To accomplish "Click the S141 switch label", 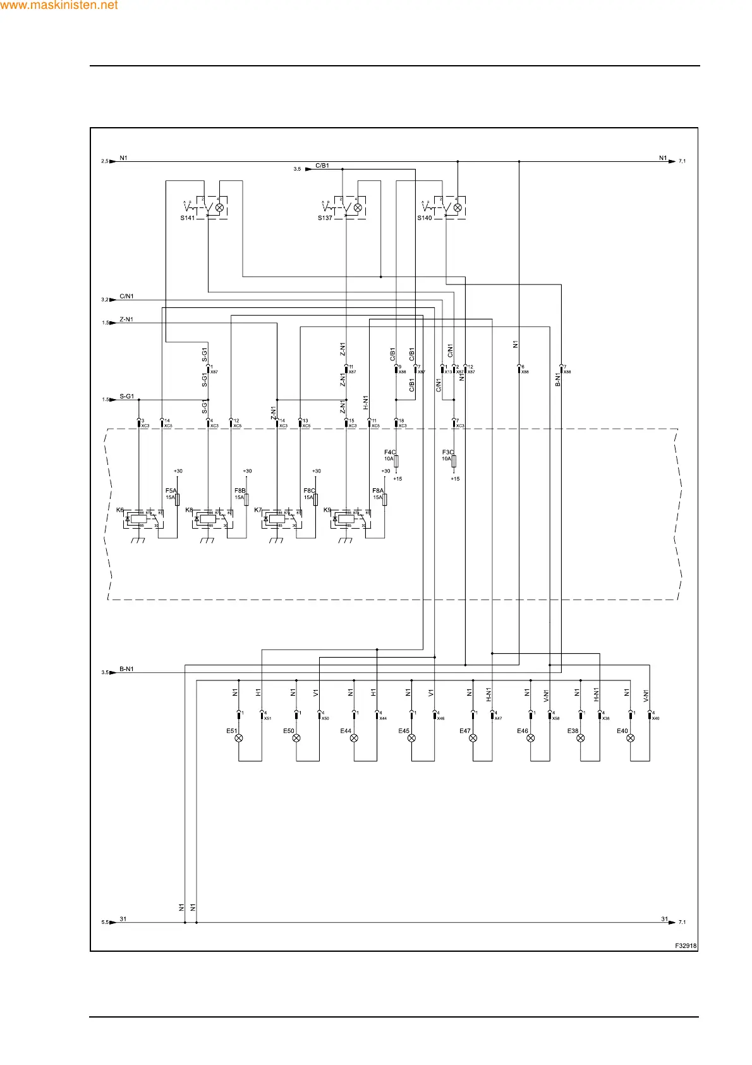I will point(188,218).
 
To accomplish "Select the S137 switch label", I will point(325,218).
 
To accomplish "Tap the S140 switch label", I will point(425,218).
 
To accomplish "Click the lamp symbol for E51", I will point(238,738).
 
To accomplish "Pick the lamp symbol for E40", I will point(631,738).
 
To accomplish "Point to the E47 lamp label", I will point(465,731).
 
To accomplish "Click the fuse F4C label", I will point(390,452).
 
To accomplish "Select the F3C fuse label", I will point(447,452).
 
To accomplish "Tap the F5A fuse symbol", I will point(178,500).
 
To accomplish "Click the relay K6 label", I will point(120,510).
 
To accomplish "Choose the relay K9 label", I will point(327,510).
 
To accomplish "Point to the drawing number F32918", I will point(686,946).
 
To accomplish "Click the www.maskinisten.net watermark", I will point(59,6).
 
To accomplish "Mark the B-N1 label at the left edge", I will point(126,668).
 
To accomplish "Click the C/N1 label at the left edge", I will point(126,296).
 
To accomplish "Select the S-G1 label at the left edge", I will point(126,397).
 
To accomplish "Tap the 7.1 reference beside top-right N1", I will point(682,161).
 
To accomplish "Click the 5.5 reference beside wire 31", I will point(105,923).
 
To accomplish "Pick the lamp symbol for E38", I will point(581,738).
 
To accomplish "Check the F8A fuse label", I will point(378,491).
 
